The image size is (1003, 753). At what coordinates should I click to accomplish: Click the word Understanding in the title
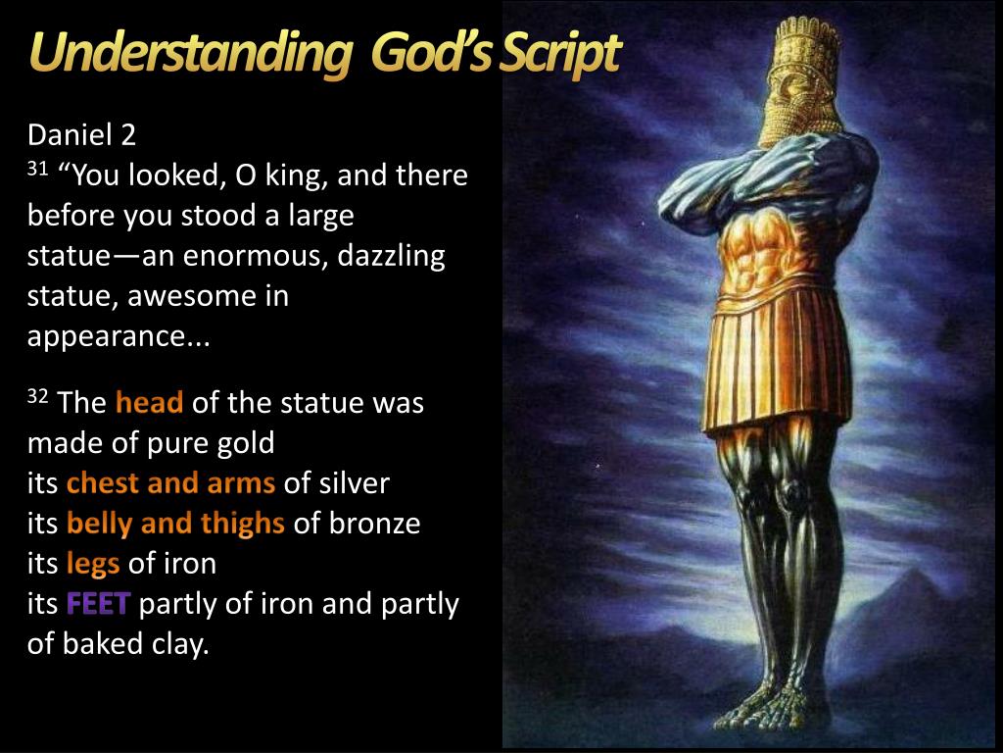(190, 55)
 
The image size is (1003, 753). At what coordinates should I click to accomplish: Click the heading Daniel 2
(81, 135)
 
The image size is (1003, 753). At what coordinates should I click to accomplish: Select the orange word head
(149, 402)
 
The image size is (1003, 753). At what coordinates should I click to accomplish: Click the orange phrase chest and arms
(170, 482)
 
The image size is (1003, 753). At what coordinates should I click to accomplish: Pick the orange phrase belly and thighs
(175, 524)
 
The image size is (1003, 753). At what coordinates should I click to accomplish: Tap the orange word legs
(93, 565)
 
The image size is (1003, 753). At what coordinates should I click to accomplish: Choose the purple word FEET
(99, 604)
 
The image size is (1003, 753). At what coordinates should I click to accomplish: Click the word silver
(356, 482)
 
